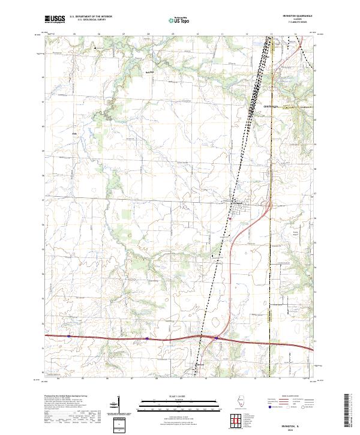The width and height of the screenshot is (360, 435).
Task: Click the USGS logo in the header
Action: pos(55,19)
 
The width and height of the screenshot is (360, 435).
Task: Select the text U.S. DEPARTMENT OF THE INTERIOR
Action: pos(91,16)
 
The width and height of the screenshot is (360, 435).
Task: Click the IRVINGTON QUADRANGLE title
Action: pos(293,16)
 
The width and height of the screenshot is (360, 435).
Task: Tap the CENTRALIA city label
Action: pos(272,106)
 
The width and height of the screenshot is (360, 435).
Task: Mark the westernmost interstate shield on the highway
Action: pos(69,336)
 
